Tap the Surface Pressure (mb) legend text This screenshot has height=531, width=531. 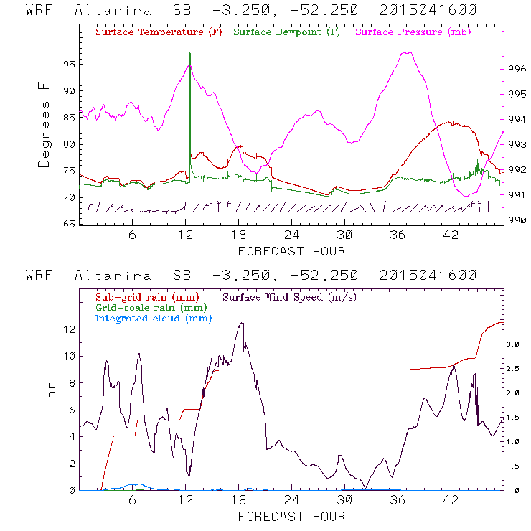pos(413,33)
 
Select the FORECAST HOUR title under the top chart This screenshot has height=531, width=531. pos(291,251)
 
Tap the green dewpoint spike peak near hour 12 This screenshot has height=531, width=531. pos(190,53)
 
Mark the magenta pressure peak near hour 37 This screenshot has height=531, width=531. pos(407,52)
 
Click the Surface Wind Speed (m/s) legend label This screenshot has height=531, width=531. pos(290,296)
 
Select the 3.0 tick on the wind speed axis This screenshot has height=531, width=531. pos(511,344)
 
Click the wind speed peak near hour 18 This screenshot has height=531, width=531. pos(242,323)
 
